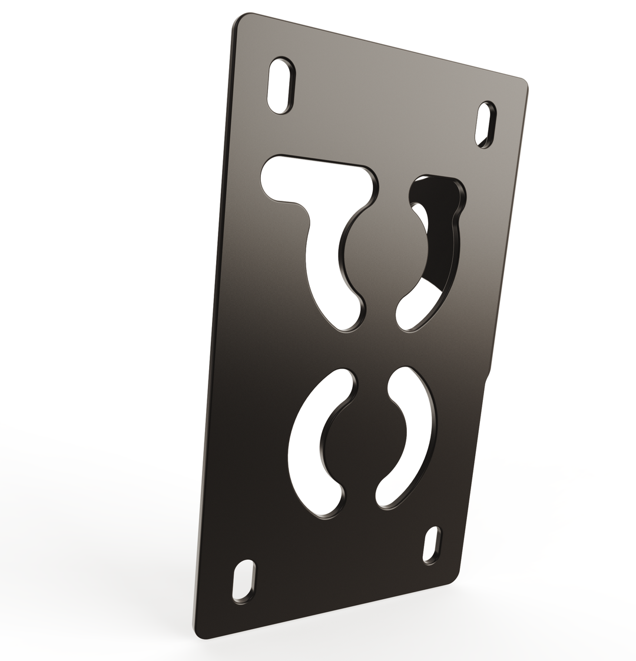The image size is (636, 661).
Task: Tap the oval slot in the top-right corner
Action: [x=485, y=124]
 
